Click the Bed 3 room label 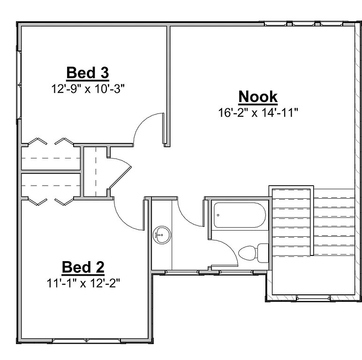coord(88,73)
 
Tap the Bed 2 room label coord(83,267)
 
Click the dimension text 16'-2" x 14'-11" coord(258,112)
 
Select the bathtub coord(239,215)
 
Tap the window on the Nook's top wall coord(305,23)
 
